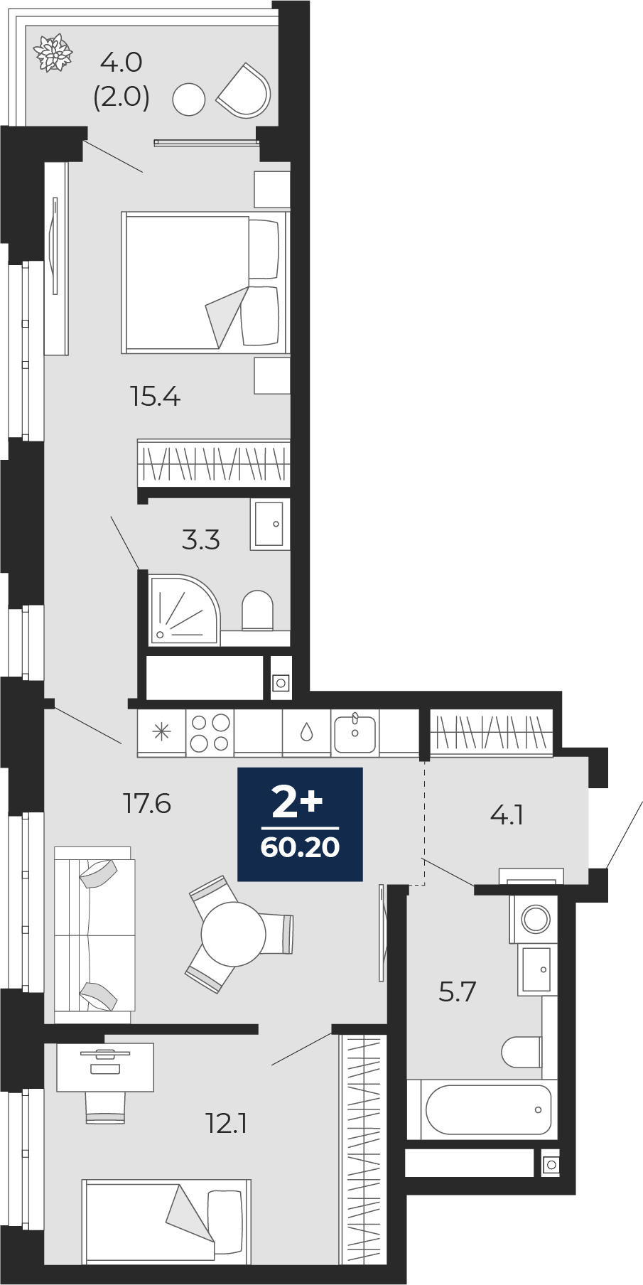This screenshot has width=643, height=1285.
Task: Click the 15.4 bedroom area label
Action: [x=156, y=396]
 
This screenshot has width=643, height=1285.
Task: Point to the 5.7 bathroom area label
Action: [x=457, y=990]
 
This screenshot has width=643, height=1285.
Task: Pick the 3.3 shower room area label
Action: [x=200, y=540]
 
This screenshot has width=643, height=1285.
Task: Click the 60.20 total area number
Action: [x=300, y=847]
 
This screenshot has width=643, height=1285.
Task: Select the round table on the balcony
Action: [x=189, y=99]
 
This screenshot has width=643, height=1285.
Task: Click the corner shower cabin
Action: [x=184, y=609]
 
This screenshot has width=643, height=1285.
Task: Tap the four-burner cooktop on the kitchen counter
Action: [x=210, y=732]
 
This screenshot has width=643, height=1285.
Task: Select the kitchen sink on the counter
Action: [x=355, y=732]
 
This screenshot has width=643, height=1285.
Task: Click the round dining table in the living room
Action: [x=233, y=932]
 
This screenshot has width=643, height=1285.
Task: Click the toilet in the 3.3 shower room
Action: [x=257, y=610]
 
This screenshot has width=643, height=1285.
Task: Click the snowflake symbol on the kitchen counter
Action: [x=162, y=732]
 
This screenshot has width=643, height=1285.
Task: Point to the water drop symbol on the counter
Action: [x=306, y=732]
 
